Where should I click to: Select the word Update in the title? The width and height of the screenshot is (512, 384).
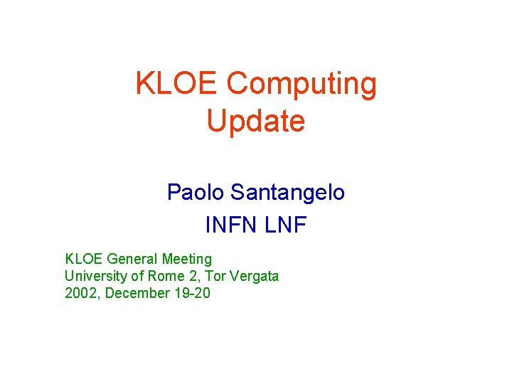click(256, 122)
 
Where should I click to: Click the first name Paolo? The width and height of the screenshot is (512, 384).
click(192, 192)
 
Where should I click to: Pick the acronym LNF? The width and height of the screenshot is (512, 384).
click(285, 225)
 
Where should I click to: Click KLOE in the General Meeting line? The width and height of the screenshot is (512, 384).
click(84, 260)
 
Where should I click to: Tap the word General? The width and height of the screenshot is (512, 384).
click(132, 260)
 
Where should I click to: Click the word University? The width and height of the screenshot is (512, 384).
click(95, 277)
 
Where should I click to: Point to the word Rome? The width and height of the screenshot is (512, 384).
click(163, 277)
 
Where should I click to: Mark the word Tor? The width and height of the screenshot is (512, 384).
click(215, 277)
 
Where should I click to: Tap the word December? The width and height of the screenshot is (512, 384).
click(139, 293)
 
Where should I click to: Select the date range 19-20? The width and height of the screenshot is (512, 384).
click(192, 293)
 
